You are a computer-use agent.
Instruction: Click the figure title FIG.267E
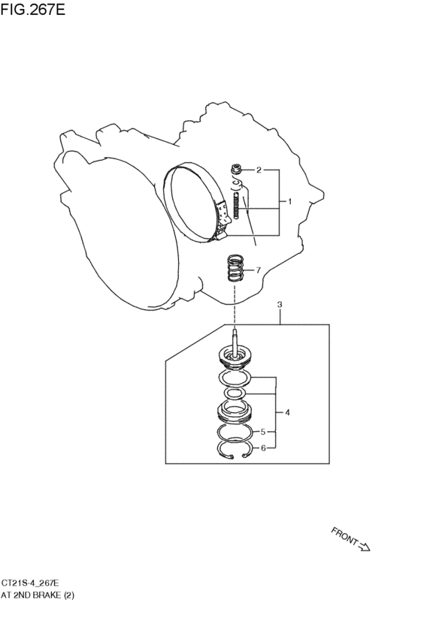32,9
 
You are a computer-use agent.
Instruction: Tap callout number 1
290,201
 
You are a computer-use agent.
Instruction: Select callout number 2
259,170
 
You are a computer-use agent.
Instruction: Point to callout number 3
280,304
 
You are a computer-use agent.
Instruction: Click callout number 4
287,413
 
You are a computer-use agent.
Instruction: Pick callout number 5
263,432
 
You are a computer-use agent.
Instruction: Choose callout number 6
263,448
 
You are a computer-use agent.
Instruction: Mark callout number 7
258,270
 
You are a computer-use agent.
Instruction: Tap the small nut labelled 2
236,168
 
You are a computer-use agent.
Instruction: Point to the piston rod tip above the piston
235,331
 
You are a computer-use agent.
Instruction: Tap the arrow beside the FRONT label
363,546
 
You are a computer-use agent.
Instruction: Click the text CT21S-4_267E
30,583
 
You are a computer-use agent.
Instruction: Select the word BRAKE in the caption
47,595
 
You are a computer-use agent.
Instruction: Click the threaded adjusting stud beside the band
236,206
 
